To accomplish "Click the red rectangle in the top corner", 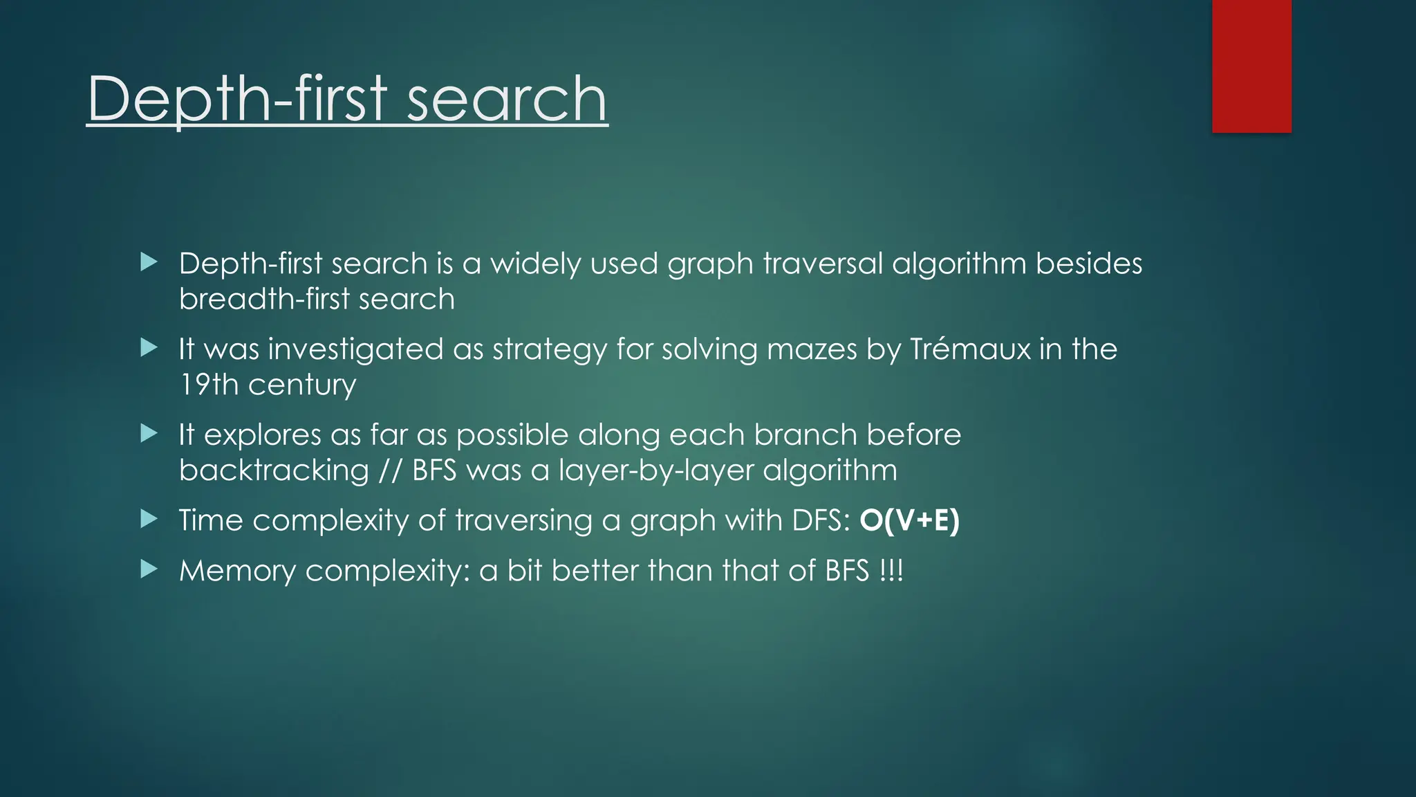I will (1251, 66).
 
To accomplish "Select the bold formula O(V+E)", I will (909, 520).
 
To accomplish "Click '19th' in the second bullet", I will (209, 385).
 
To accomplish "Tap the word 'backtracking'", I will (274, 470).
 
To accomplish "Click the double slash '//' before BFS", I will (390, 470).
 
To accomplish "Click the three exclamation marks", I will (891, 571).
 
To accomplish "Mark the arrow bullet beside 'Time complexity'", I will (149, 519).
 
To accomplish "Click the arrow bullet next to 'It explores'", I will (149, 434).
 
